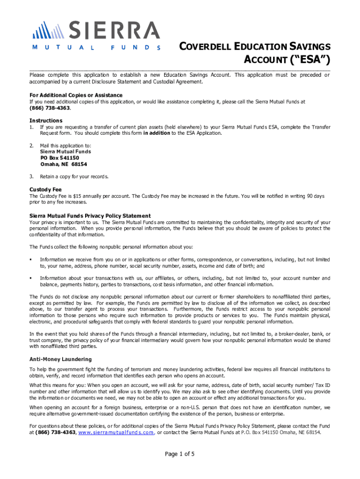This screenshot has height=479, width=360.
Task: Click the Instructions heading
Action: pyautogui.click(x=46, y=120)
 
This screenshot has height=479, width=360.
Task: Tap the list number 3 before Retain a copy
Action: pyautogui.click(x=31, y=176)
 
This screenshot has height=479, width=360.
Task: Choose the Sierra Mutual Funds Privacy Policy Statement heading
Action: pyautogui.click(x=90, y=216)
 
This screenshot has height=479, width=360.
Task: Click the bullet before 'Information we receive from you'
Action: pyautogui.click(x=31, y=259)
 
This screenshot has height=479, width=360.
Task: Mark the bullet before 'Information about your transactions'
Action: pyautogui.click(x=31, y=278)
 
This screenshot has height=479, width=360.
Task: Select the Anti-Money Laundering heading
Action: pyautogui.click(x=61, y=359)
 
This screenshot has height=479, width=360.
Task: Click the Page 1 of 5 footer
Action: pyautogui.click(x=180, y=454)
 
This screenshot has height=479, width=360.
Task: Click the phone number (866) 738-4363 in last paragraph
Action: pyautogui.click(x=56, y=433)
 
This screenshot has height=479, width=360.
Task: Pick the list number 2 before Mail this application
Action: pyautogui.click(x=31, y=145)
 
